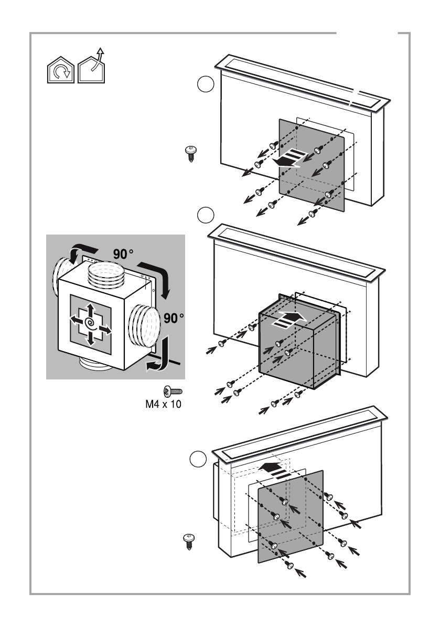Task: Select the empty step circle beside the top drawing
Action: (x=205, y=84)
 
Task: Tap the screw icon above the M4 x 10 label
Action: (x=172, y=391)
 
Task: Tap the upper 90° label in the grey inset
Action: (x=123, y=254)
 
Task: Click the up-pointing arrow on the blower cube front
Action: (x=90, y=308)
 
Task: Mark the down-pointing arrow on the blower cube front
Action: (x=90, y=339)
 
